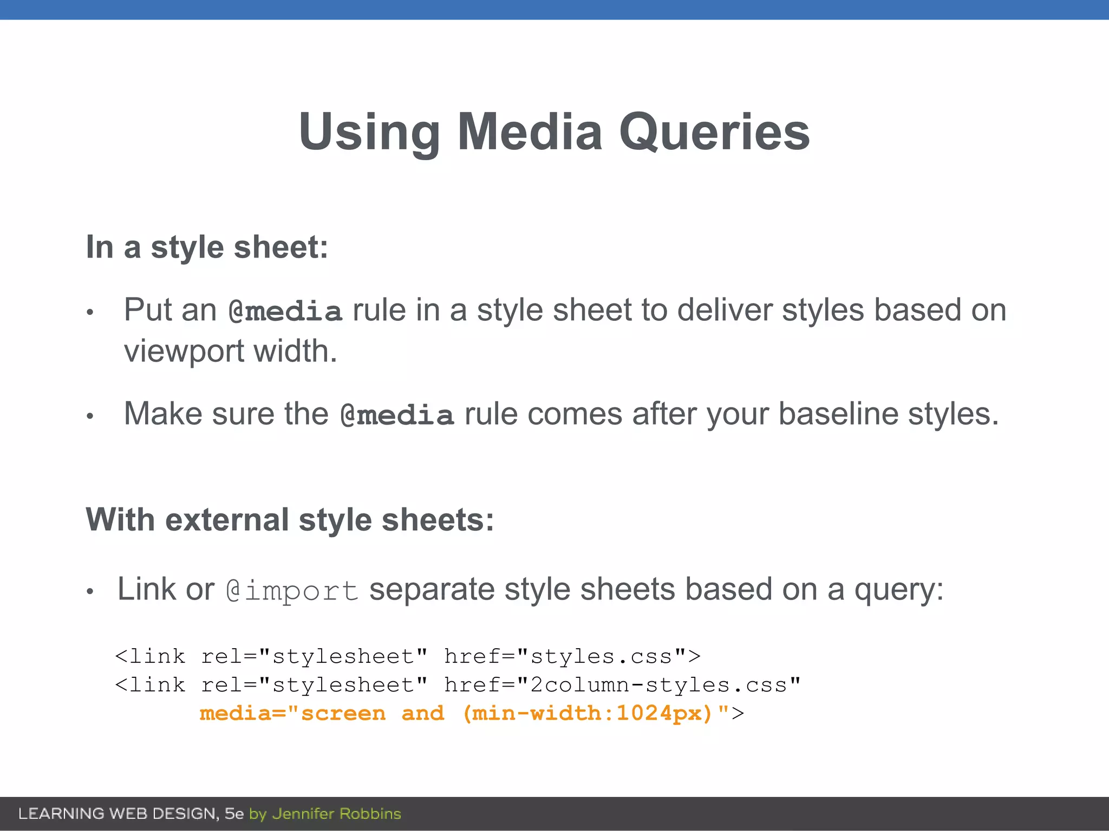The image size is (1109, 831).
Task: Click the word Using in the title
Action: click(369, 133)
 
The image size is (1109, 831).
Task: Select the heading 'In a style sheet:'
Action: click(207, 247)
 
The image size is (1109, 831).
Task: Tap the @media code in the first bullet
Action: click(285, 312)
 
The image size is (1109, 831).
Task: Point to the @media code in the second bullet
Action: click(397, 415)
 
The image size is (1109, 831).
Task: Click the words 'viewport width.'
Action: click(231, 352)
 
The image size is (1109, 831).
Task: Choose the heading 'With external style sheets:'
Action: click(290, 520)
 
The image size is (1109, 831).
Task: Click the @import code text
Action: click(292, 590)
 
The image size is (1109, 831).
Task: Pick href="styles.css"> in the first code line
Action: click(572, 657)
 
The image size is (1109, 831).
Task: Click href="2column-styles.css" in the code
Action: click(622, 685)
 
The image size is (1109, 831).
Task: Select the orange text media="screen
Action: click(292, 714)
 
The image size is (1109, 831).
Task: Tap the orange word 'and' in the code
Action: click(422, 714)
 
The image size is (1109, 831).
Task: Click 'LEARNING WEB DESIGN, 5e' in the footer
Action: click(131, 814)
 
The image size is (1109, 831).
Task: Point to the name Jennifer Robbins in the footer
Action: click(336, 814)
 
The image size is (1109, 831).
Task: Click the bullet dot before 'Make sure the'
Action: click(90, 416)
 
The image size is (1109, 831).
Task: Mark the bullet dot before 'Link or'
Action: click(90, 592)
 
